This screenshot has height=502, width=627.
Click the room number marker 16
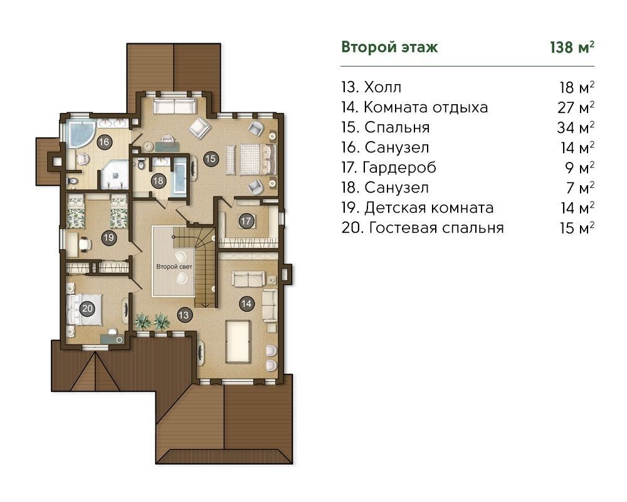coord(104,142)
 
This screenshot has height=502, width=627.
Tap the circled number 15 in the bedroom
coord(210,159)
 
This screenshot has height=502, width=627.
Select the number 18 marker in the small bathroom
coord(159,181)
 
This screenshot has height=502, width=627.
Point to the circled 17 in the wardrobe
coord(246,221)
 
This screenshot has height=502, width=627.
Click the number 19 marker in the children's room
coord(108,238)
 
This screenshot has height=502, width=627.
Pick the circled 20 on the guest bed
coord(87,308)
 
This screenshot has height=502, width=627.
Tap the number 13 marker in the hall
coord(184,315)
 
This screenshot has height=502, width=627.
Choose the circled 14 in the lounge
coord(246,304)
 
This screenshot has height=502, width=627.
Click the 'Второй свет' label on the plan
coord(174,267)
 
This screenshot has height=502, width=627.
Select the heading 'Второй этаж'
coord(389,47)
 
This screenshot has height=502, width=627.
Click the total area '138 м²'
coord(572,47)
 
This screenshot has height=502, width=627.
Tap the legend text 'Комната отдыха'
coord(426,107)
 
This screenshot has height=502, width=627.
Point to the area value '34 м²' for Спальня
coord(576,127)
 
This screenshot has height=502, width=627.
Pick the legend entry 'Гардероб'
coord(399,168)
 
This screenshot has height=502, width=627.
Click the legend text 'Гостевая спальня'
coord(436,228)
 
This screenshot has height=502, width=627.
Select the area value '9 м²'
coord(580,168)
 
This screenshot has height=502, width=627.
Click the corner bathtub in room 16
coord(81,134)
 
